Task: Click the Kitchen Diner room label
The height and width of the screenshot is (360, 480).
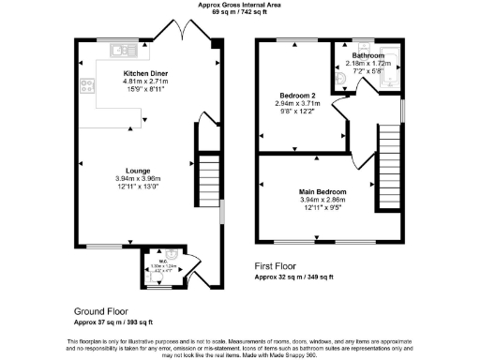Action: [x=146, y=72]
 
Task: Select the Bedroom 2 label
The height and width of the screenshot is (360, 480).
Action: [x=298, y=96]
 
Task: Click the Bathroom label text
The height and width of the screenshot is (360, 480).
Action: [x=368, y=55]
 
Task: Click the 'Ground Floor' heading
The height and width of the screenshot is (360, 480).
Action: [x=100, y=310]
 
